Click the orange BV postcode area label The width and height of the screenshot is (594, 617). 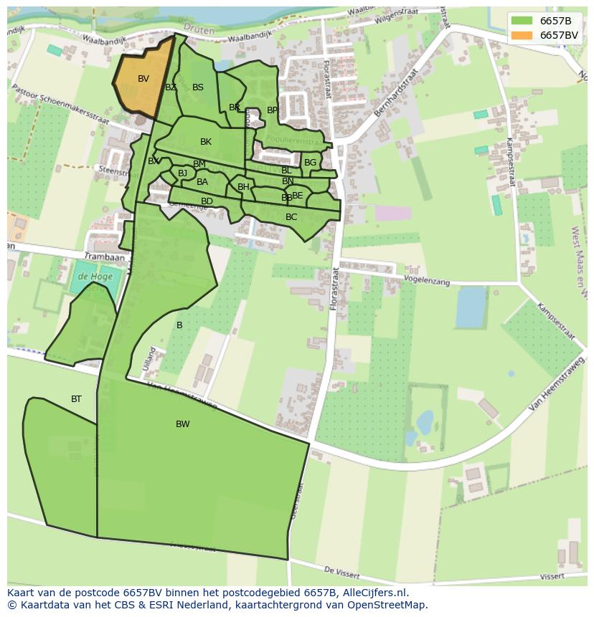point(143,79)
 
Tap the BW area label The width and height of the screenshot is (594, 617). point(183,424)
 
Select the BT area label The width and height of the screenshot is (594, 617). point(76,399)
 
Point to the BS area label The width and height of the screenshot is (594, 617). point(198,87)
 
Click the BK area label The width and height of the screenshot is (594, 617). point(206,142)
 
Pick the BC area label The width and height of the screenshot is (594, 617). point(291,217)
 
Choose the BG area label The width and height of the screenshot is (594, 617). point(310,163)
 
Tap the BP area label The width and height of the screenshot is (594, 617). point(272,110)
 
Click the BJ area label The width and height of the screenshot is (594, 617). point(182,173)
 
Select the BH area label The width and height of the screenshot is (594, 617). point(243,187)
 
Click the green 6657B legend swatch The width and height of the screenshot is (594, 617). point(522,21)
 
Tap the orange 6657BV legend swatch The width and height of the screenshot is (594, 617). point(522,35)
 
